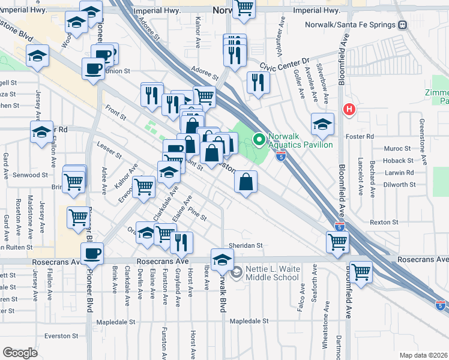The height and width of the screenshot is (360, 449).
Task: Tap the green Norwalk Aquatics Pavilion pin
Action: (259, 140)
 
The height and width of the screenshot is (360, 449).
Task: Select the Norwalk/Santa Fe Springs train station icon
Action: (402, 25)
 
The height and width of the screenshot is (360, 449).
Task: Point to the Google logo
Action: (20, 353)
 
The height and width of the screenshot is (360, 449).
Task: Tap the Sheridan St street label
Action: (246, 245)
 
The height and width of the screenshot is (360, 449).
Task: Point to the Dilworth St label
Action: (401, 185)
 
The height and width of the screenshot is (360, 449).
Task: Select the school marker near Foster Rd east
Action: (322, 124)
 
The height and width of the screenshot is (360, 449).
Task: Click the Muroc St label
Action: (397, 148)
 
